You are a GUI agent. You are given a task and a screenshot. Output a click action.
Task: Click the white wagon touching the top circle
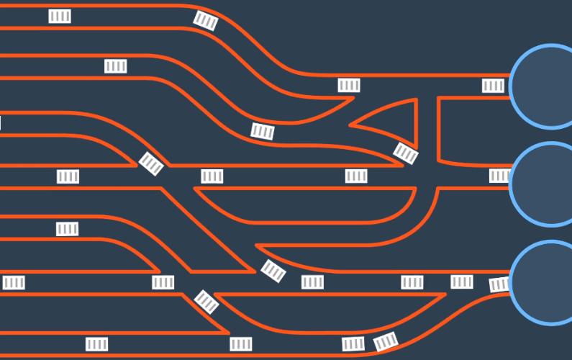click(493, 86)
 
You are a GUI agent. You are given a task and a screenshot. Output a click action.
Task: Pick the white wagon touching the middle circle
click(499, 176)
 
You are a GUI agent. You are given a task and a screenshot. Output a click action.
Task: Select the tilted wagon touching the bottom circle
click(499, 284)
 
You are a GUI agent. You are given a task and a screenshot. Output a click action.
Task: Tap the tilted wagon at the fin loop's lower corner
click(406, 153)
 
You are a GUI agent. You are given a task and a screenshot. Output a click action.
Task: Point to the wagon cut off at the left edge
click(1, 123)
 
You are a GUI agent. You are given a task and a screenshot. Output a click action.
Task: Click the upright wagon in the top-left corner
click(60, 16)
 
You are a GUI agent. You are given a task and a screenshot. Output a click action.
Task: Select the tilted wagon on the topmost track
click(206, 21)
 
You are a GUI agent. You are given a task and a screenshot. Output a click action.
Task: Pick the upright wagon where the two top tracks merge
click(349, 86)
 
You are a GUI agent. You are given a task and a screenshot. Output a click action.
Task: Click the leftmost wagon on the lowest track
click(96, 344)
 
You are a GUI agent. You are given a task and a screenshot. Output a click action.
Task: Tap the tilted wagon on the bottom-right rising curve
click(386, 341)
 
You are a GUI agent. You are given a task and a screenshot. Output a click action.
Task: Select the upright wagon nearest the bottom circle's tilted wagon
click(462, 282)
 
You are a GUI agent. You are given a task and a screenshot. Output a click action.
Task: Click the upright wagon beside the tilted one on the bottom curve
click(353, 344)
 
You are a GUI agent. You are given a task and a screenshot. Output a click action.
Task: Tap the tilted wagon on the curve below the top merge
click(263, 131)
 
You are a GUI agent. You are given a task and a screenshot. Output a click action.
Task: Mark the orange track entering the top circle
click(432, 75)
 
